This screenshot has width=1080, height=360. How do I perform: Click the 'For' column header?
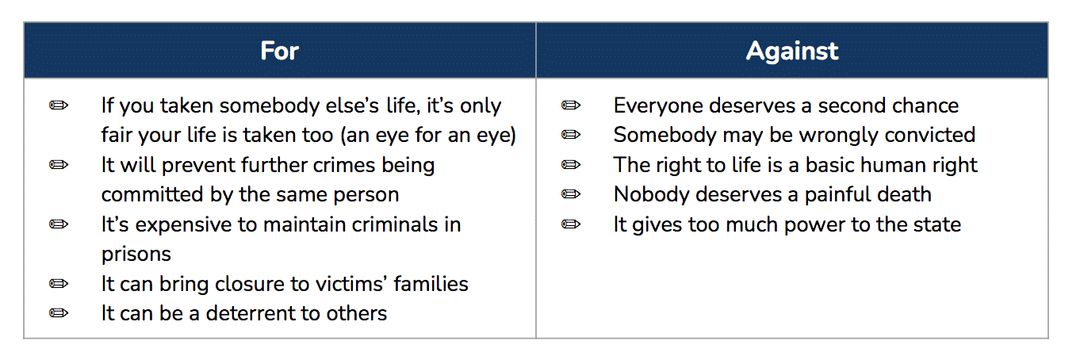pos(280,51)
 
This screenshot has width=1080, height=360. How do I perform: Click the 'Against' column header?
pos(792,51)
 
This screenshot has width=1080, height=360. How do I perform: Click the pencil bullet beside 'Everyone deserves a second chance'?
pos(571,105)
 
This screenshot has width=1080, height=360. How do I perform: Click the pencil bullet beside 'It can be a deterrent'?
pos(59,313)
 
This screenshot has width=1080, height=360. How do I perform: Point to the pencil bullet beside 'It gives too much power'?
pos(571,224)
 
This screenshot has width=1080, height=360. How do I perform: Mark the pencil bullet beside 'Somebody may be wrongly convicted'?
pos(571,135)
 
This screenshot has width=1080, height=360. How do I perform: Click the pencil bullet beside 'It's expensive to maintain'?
pos(59,224)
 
